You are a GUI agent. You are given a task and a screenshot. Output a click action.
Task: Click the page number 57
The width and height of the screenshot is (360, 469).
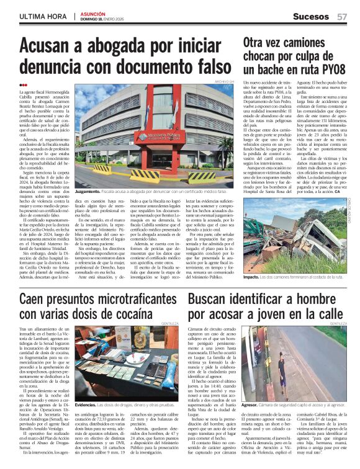[341, 17]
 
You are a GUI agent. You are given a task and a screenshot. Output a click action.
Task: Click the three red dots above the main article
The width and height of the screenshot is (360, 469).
[23, 85]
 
